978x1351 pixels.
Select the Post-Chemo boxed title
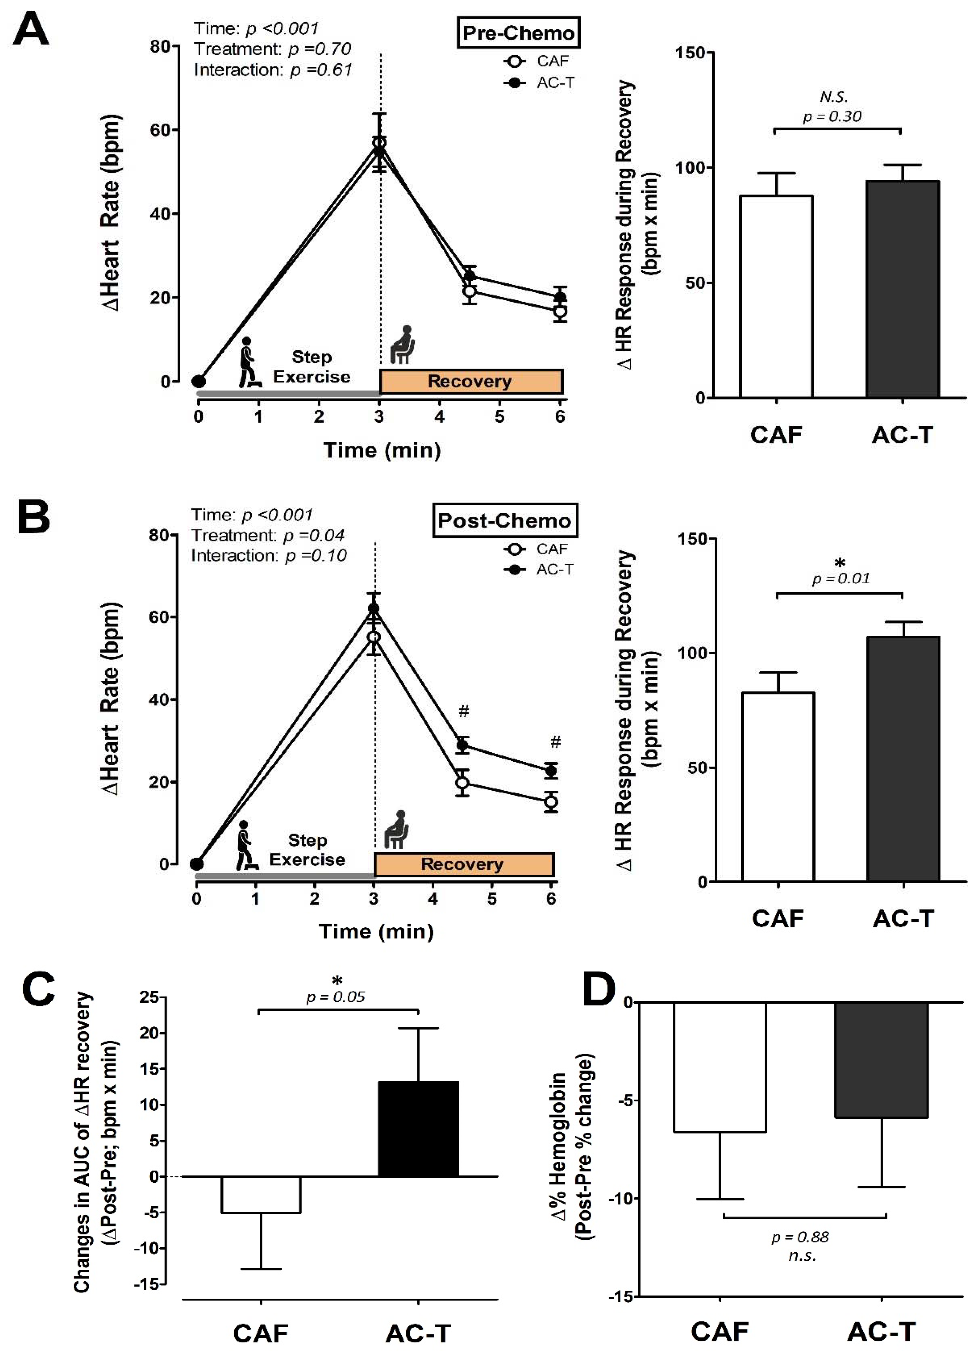tap(504, 521)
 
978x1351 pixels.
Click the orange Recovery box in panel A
tap(471, 381)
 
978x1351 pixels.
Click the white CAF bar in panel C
tap(261, 1194)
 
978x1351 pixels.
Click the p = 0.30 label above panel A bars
tap(832, 116)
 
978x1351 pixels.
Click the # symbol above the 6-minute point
tap(555, 742)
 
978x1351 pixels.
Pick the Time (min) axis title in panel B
tap(376, 931)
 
